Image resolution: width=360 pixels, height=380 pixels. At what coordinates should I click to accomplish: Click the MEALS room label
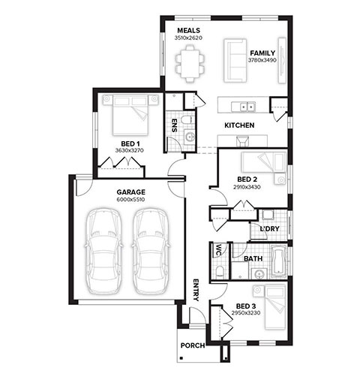click(189, 31)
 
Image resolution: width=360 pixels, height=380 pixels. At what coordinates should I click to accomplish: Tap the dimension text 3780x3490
click(262, 60)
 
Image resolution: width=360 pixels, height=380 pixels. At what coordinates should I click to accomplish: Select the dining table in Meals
click(190, 64)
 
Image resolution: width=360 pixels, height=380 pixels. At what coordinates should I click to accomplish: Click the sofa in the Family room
click(234, 61)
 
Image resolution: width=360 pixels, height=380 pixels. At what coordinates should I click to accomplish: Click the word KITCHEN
click(239, 125)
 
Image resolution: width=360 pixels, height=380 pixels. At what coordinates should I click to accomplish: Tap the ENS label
click(174, 125)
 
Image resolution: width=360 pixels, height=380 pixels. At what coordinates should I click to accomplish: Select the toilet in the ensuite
click(187, 120)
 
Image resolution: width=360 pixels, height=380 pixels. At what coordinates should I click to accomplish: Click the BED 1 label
click(130, 143)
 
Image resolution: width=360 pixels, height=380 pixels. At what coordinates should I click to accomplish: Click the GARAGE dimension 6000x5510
click(130, 200)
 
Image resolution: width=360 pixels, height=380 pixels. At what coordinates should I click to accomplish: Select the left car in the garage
click(103, 252)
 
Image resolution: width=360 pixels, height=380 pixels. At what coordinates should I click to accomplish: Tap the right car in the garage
click(151, 252)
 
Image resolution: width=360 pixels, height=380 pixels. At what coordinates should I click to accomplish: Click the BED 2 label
click(247, 179)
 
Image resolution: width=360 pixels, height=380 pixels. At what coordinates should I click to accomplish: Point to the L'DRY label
click(269, 229)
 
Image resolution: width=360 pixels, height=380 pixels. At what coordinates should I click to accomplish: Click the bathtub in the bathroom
click(279, 261)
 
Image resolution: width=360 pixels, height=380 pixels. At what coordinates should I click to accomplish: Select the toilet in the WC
click(220, 271)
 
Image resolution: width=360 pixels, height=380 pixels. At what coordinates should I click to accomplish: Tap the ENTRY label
click(196, 290)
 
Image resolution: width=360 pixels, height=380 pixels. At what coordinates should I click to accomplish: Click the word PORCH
click(193, 345)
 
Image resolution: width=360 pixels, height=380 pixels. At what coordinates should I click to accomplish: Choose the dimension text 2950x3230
click(246, 313)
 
